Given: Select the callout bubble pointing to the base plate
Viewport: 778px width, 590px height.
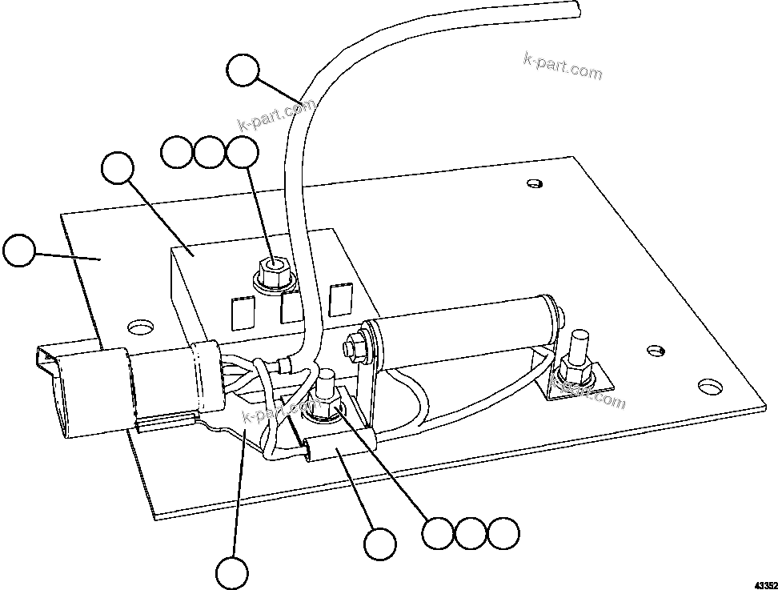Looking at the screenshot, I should click(x=19, y=251).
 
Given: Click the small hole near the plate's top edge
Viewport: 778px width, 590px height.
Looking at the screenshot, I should click(x=535, y=184).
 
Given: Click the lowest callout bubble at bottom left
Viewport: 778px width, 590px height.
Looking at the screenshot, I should click(x=232, y=572).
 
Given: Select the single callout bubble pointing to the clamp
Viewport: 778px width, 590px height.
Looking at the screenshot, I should click(x=379, y=544).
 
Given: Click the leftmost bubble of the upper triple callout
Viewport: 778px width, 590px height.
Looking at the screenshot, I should click(x=176, y=152).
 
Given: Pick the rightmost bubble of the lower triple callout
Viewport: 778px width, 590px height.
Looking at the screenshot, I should click(x=504, y=534).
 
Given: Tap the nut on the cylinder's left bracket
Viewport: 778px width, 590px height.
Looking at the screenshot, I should click(x=351, y=348).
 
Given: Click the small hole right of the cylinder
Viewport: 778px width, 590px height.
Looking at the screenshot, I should click(x=655, y=351).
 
